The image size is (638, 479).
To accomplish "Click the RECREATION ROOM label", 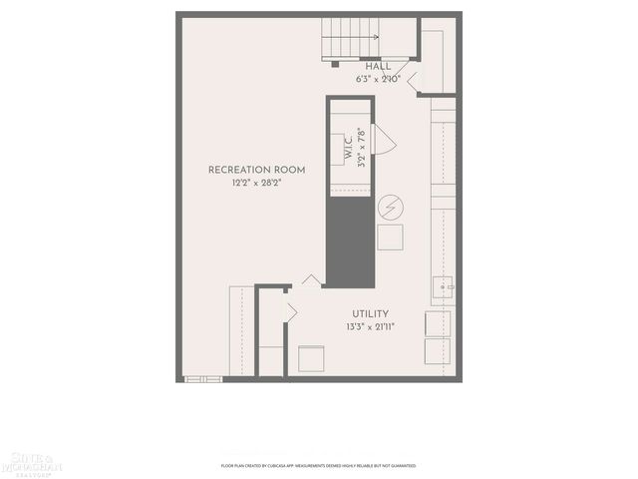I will (x=256, y=170).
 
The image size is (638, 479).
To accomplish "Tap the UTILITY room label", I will (x=370, y=313).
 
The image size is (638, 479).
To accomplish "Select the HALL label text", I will (x=378, y=66).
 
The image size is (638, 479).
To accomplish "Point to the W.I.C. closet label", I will (x=350, y=150).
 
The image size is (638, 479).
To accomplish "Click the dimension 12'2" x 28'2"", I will (x=256, y=184).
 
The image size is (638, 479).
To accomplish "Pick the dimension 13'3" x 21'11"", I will (x=370, y=326).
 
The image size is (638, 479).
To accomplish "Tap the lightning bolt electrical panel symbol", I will (x=391, y=207).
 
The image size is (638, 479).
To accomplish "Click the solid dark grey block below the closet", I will (x=349, y=239).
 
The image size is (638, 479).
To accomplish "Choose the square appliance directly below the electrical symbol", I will (x=390, y=238).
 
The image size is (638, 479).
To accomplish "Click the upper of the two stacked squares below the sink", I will (x=437, y=323).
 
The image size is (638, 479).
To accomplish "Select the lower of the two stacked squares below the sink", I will (x=437, y=352).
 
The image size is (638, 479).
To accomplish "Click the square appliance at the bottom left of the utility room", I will (x=313, y=358).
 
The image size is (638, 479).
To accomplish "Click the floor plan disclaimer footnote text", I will (x=318, y=465).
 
